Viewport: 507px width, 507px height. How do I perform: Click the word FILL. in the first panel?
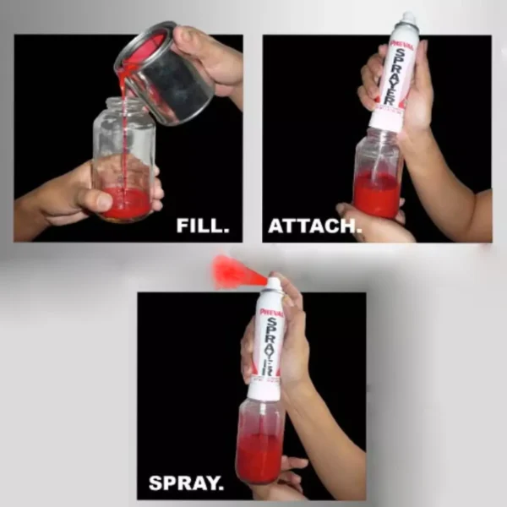pos(203,226)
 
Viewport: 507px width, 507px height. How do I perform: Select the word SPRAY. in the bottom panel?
pos(186,483)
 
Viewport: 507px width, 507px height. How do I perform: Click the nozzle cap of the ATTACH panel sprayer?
pos(410,18)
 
